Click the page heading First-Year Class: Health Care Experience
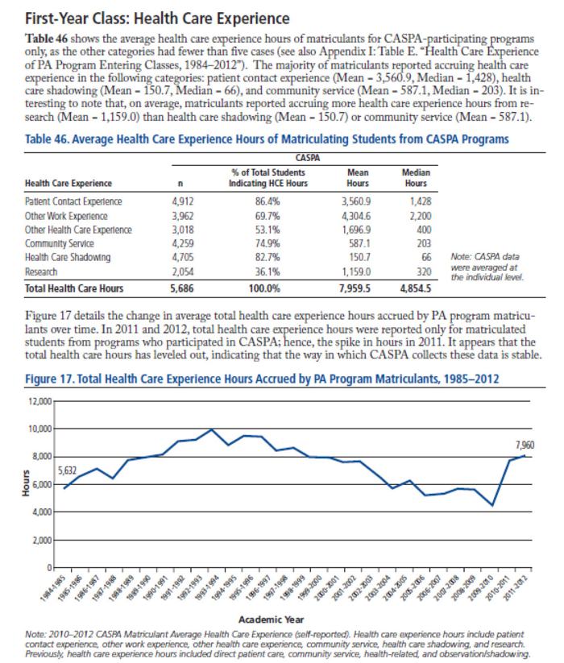[157, 19]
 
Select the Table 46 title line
[267, 139]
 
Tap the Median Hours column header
[416, 177]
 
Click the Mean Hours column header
[358, 177]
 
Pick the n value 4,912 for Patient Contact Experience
[183, 201]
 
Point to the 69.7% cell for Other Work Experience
[267, 216]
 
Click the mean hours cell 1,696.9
[356, 230]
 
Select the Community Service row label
[59, 243]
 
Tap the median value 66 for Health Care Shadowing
[426, 257]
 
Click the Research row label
[41, 271]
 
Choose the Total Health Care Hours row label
[74, 288]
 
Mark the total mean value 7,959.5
[355, 288]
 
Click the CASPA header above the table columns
[308, 158]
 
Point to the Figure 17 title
[262, 379]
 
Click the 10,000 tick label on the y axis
[40, 429]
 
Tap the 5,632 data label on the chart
[67, 470]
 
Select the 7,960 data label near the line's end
[525, 445]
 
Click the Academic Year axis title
[271, 619]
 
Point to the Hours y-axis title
[27, 483]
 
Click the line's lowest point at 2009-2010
[492, 505]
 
